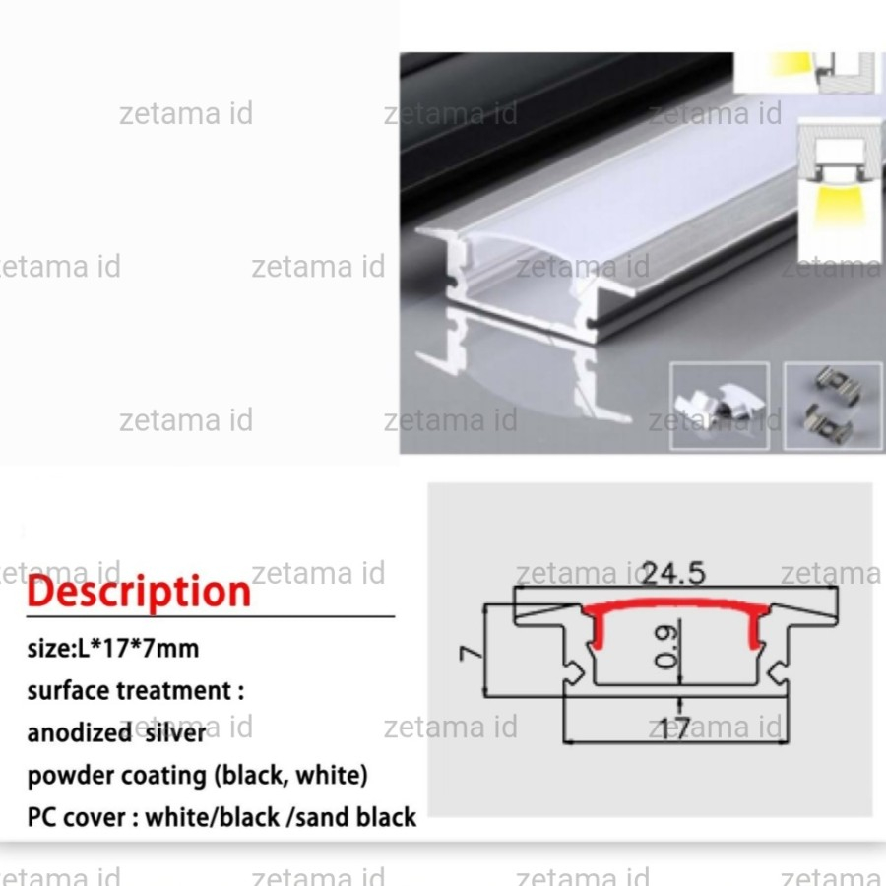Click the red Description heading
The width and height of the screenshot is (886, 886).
(x=139, y=593)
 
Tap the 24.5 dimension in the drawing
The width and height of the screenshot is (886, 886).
(x=674, y=573)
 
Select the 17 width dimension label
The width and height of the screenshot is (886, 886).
(x=675, y=728)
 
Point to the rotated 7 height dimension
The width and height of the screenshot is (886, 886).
(x=471, y=654)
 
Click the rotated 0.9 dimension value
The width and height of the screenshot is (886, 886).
(x=664, y=647)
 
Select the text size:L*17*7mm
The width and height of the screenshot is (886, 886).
(x=113, y=649)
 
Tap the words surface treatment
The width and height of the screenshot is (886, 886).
(x=129, y=690)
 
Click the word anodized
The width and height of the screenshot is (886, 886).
(x=80, y=732)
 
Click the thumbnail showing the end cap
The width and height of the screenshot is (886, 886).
(x=720, y=407)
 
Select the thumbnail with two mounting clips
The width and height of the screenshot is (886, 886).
(x=834, y=407)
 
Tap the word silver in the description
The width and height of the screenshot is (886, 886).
(x=176, y=732)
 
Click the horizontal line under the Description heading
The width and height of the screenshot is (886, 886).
(x=211, y=616)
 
